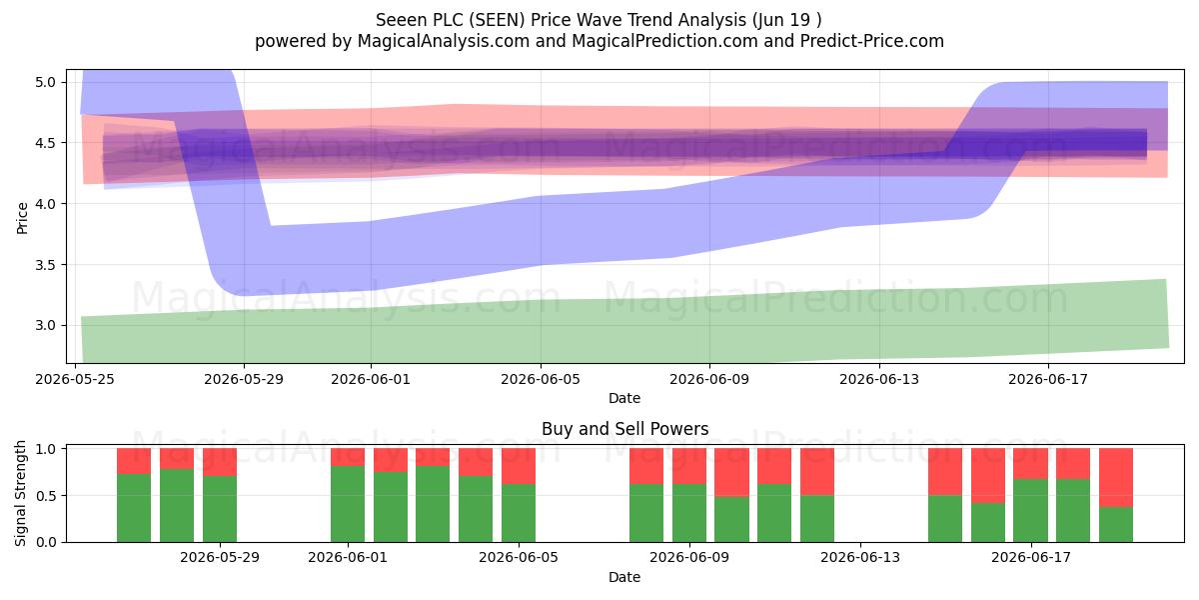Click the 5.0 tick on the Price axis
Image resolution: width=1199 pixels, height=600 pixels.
point(46,82)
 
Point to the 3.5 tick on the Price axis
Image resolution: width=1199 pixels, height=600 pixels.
point(46,265)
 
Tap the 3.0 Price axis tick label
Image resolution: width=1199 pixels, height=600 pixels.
point(46,326)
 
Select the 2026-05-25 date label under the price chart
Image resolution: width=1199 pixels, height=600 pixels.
point(75,379)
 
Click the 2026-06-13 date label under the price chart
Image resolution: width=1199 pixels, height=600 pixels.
point(879,379)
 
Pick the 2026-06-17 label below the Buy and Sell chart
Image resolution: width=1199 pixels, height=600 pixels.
point(1031,557)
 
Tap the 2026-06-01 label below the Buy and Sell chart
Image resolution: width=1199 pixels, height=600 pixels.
point(348,557)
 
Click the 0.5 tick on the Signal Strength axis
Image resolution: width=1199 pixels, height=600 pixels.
point(46,496)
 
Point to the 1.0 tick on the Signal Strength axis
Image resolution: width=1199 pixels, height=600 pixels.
point(46,449)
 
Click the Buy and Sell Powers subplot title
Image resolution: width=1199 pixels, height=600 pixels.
point(624,429)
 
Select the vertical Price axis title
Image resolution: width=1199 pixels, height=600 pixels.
point(22,218)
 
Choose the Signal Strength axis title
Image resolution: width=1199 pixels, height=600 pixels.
point(20,493)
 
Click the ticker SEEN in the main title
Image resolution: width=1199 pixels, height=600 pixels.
point(498,20)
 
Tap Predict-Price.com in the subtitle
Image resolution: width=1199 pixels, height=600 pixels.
point(872,41)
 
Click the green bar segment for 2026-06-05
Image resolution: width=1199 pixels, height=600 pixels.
point(519,513)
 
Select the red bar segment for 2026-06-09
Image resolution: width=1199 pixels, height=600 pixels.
point(688,466)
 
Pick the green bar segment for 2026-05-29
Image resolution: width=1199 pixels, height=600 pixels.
point(220,509)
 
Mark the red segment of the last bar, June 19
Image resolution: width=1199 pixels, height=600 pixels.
point(1116,478)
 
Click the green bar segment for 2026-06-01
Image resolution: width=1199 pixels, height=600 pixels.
point(348,504)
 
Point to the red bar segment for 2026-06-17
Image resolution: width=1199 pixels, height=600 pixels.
point(1030,463)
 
